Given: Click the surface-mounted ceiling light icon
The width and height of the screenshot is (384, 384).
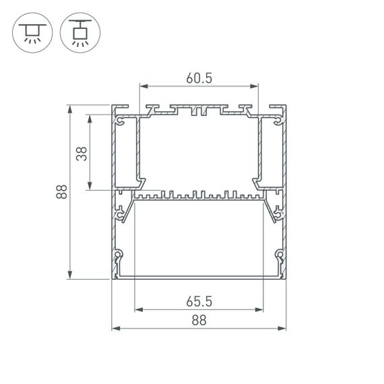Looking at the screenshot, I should (31, 32).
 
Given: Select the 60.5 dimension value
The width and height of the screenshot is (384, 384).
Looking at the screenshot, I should (199, 77).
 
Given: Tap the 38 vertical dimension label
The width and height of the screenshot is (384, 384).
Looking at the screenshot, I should (82, 153).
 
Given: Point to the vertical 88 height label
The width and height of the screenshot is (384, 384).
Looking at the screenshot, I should (61, 192).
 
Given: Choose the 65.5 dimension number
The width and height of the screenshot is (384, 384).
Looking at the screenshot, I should (198, 301).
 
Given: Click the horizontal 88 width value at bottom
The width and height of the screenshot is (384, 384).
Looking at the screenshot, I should (198, 321).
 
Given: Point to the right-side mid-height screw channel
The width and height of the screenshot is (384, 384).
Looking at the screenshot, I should (276, 214).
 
